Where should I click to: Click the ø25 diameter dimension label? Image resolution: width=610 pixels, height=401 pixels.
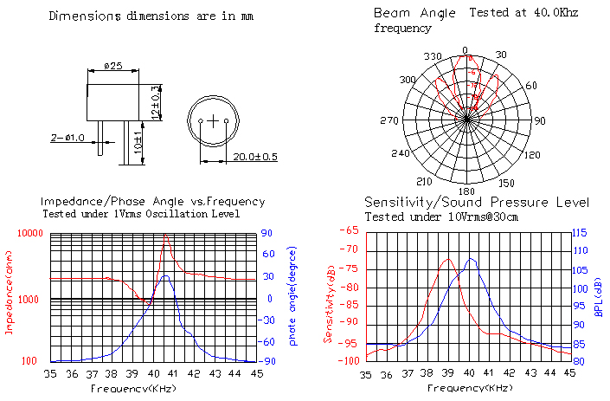coord(112,67)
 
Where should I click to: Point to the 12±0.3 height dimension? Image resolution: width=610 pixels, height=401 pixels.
coord(157,102)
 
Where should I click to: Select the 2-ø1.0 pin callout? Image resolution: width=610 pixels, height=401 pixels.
coord(67,138)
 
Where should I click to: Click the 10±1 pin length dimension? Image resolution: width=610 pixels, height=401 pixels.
coord(137,141)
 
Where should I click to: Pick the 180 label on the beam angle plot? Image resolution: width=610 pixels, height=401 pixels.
coord(466,191)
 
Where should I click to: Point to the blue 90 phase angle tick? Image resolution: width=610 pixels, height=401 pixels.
coord(268,233)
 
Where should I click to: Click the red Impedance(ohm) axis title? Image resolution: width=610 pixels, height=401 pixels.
coord(10,294)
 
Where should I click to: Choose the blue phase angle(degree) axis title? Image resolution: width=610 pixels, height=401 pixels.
coord(292,294)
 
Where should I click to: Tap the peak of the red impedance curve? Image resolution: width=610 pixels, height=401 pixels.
coord(165,235)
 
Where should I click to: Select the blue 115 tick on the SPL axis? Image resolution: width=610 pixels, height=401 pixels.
coord(579,232)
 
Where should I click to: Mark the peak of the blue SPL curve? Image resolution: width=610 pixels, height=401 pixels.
coord(471,258)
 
